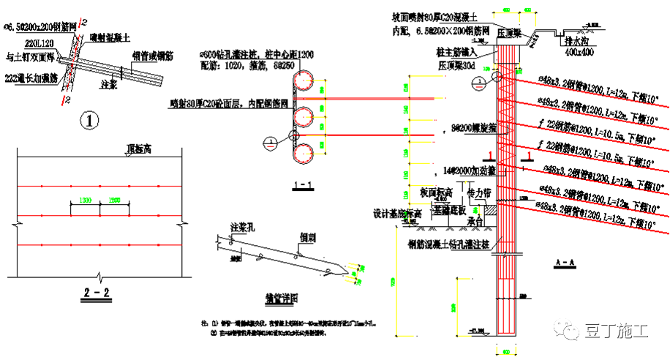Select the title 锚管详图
tap(282, 298)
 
